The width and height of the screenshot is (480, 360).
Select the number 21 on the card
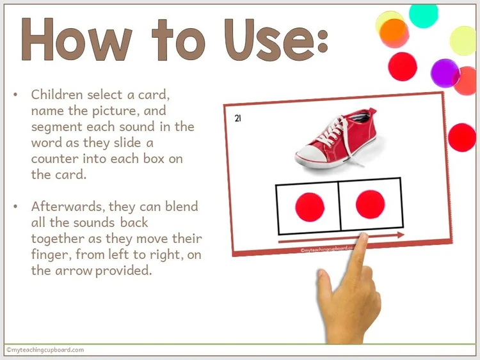[238, 118]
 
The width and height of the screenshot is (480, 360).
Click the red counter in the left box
[310, 207]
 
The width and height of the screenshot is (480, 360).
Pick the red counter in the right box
[370, 205]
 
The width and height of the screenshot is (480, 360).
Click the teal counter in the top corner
[423, 14]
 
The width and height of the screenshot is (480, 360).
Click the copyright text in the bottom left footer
[45, 350]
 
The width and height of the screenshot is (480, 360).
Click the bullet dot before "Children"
[15, 95]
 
